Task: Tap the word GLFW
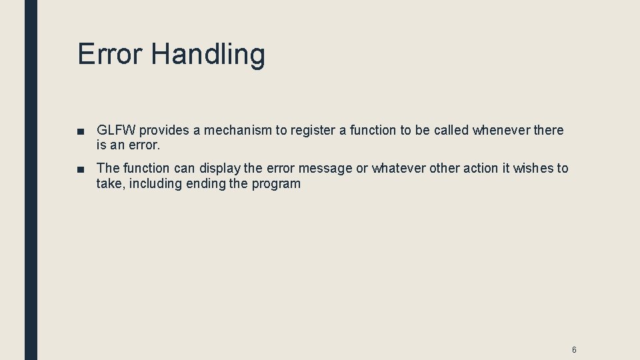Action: click(116, 130)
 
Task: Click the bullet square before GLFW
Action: click(80, 131)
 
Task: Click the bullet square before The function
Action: click(80, 169)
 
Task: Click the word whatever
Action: click(398, 168)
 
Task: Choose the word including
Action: click(154, 184)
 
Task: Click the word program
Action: click(276, 185)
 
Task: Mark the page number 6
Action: click(574, 350)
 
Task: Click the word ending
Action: click(205, 184)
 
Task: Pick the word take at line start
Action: click(109, 184)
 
